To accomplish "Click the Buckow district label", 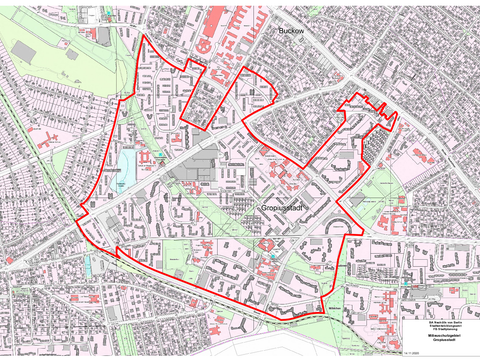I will pyautogui.click(x=291, y=32).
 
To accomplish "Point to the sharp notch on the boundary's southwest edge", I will pyautogui.click(x=118, y=249).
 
